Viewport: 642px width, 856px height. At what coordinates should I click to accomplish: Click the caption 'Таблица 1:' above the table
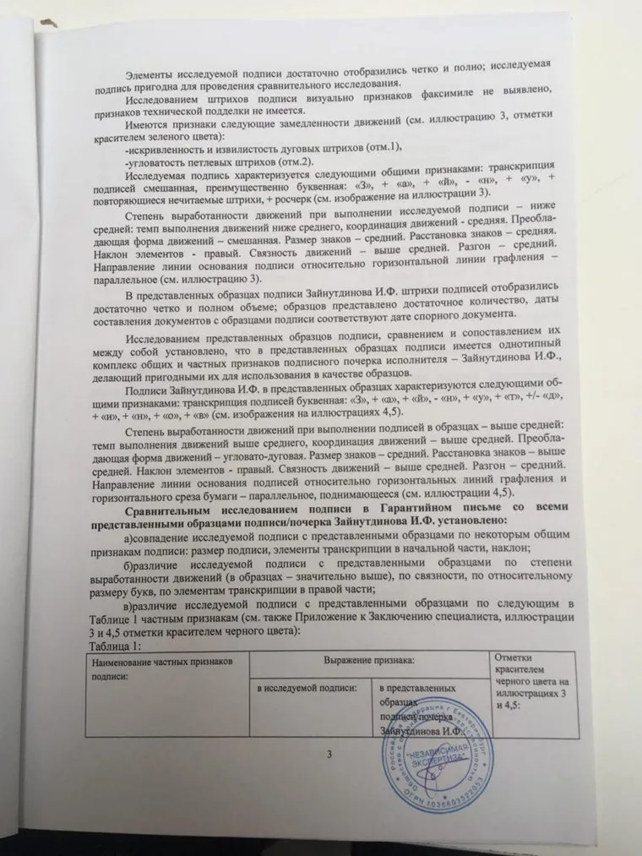coord(115,646)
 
